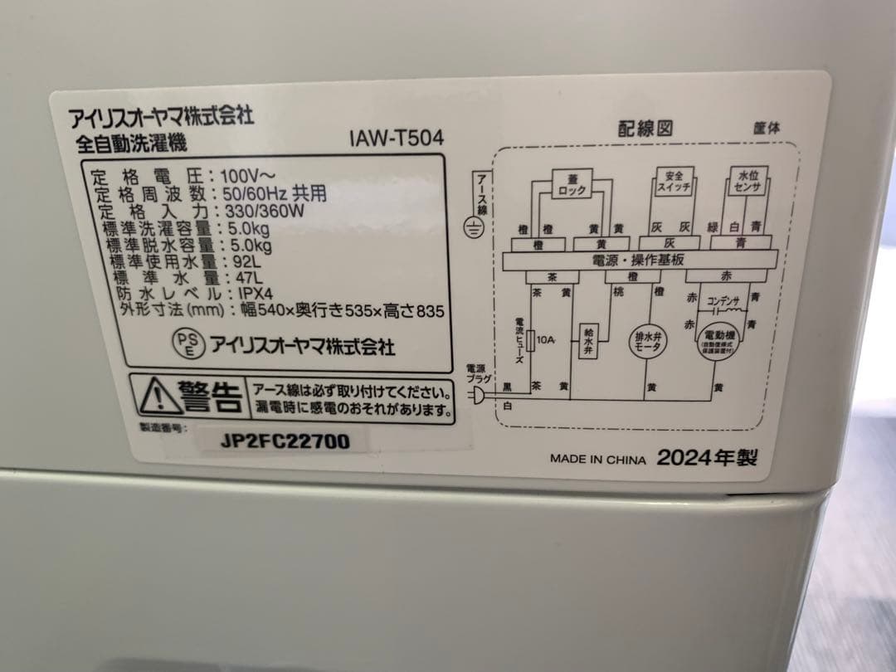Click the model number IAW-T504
[x=397, y=139]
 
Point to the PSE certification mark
[x=186, y=342]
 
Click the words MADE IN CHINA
[x=597, y=458]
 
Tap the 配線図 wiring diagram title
[x=644, y=128]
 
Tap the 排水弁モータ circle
[x=647, y=342]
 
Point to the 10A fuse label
[x=544, y=338]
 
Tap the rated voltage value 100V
[x=239, y=177]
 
